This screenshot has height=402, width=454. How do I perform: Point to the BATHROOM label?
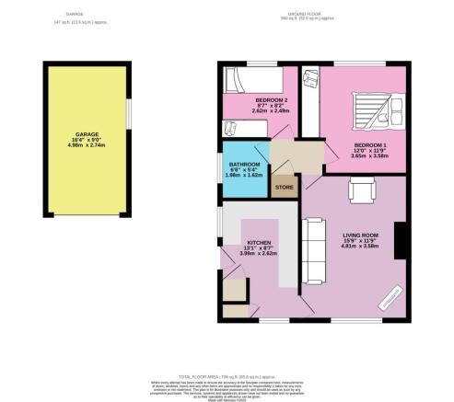pyautogui.click(x=245, y=165)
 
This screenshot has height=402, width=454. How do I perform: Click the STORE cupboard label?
pyautogui.click(x=285, y=187)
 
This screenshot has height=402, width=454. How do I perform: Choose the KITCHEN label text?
pyautogui.click(x=258, y=243)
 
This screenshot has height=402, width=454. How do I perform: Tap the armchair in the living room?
pyautogui.click(x=359, y=189)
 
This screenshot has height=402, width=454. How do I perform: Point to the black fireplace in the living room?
pyautogui.click(x=400, y=241)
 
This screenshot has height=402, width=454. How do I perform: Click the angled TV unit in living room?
pyautogui.click(x=389, y=296)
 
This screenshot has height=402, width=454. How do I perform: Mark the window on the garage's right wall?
pyautogui.click(x=129, y=112)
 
